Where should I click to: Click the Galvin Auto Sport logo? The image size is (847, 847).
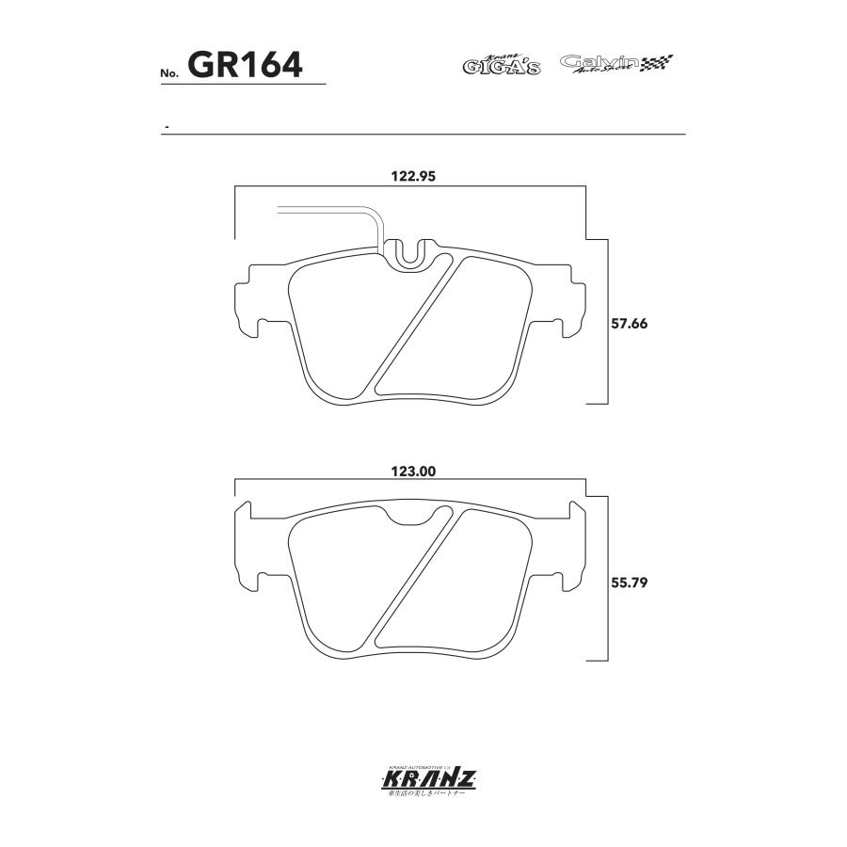(616, 64)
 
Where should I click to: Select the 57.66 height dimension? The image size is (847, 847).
(630, 323)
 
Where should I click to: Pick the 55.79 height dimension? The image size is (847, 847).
(630, 582)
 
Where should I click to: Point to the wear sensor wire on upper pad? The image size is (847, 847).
(329, 211)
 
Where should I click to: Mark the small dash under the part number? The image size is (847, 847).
(166, 126)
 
